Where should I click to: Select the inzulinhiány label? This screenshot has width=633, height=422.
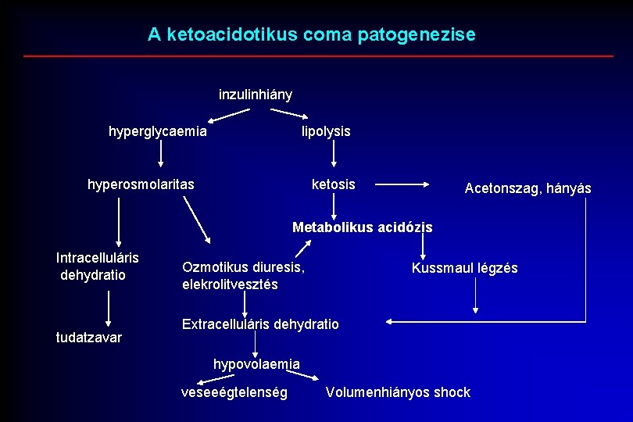256,95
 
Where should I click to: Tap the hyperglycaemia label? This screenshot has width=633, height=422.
158,131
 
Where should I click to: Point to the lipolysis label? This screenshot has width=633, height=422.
326,131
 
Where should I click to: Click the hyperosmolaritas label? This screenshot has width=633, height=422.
141,185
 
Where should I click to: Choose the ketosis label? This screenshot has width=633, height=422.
333,184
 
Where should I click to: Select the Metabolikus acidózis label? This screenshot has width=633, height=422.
362,227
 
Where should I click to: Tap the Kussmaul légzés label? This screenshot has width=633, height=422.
464,268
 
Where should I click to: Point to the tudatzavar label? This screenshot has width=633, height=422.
89,338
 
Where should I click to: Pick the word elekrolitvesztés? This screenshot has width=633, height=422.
230,284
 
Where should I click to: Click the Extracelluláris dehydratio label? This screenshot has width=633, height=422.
260,324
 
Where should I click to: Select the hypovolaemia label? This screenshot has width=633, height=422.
256,363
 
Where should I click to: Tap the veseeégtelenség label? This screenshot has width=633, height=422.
234,392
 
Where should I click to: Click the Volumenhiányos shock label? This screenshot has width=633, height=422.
398,392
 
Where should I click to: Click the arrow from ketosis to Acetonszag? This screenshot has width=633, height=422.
403,185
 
